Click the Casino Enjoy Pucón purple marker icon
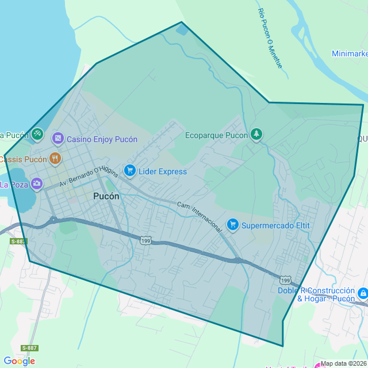[57, 139]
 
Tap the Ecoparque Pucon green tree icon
[256, 135]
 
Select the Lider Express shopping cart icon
[129, 171]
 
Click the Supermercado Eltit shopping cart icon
[232, 224]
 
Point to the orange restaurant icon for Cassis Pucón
[55, 158]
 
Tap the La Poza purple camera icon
[37, 184]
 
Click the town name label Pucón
[106, 196]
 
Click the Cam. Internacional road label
[200, 217]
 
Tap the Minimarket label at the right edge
[350, 53]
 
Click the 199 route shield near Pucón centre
[145, 241]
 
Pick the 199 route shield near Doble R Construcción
[285, 279]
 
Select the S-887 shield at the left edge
[18, 241]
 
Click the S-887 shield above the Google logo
[30, 348]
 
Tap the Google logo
[19, 361]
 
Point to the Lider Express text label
[163, 171]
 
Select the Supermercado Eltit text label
[275, 225]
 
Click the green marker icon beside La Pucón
[37, 134]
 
